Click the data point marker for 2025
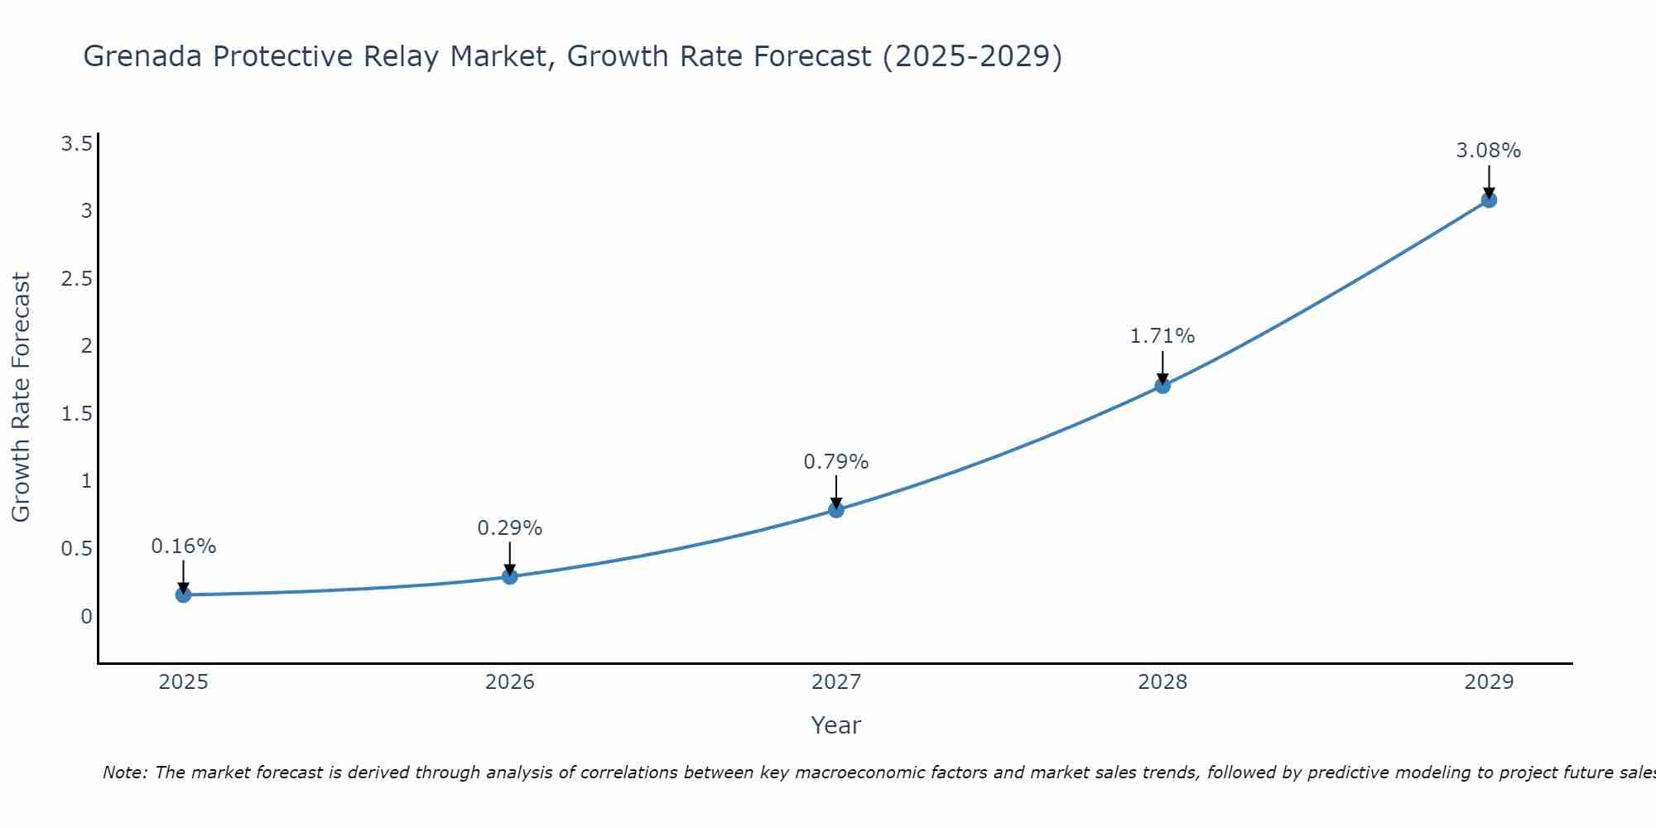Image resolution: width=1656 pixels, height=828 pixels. coord(183,595)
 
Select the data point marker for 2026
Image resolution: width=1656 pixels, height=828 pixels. coord(510,576)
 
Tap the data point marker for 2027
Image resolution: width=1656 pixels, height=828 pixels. coord(836,509)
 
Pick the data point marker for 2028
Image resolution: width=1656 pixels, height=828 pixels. coord(1163,385)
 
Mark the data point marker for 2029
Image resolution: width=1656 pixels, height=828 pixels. coord(1489,200)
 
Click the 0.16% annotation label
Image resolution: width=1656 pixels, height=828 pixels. coord(184,546)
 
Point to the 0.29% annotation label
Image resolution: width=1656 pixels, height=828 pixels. coord(510,528)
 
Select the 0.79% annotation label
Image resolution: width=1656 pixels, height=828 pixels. coord(836,462)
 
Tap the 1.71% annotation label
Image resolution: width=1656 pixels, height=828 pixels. coord(1163,336)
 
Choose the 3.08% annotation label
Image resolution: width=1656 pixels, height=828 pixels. coord(1489,151)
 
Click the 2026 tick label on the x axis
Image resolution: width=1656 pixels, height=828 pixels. coord(510,682)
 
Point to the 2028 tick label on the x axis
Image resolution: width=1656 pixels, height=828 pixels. coord(1163,682)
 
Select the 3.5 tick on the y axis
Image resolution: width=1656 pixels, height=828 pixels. coord(76,145)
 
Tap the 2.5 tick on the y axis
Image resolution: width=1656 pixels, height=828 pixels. coord(76,279)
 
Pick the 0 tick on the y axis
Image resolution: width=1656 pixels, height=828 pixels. coord(86,617)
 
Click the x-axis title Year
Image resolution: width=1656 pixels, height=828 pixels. coord(836,725)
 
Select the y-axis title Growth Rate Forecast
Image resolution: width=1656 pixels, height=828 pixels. coord(22,397)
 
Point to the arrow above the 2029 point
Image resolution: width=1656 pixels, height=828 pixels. coord(1489,180)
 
